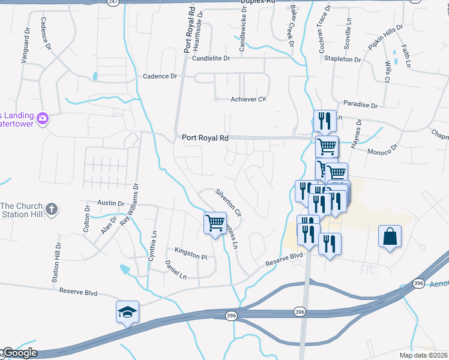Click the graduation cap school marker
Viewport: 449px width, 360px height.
127,312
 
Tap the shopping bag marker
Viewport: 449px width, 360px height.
390,236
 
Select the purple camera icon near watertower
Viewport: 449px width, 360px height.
43,118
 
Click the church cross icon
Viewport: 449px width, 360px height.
52,209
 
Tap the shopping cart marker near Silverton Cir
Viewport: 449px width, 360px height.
215,223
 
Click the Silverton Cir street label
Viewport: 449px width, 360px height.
228,203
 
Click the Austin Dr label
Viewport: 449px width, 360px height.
110,203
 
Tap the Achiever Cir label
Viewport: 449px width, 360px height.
248,100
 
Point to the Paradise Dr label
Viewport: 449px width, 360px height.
360,105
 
